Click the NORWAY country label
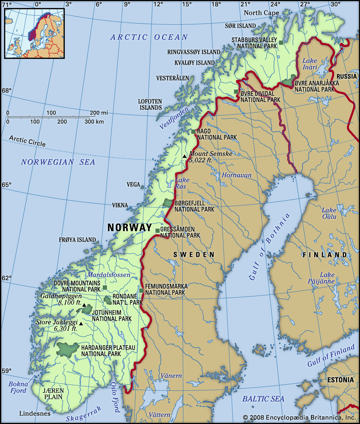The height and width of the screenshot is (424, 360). (130, 228)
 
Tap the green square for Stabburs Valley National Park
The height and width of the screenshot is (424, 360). (281, 42)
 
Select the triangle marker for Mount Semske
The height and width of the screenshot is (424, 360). (185, 156)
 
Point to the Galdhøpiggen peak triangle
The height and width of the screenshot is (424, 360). (84, 305)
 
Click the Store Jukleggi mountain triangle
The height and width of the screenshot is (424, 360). (81, 324)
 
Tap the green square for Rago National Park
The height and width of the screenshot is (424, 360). (193, 131)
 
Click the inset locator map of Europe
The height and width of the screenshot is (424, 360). (34, 33)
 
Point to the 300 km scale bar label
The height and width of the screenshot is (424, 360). (94, 122)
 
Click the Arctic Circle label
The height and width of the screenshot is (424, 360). (27, 141)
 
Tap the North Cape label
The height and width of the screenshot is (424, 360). (261, 13)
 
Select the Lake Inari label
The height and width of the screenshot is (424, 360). (310, 64)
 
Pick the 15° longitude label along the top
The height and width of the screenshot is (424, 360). (187, 4)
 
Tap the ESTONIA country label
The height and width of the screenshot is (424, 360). (340, 380)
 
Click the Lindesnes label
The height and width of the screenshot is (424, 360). (35, 413)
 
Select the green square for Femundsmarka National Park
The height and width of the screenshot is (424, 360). (141, 291)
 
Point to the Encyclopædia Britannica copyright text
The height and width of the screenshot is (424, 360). (299, 417)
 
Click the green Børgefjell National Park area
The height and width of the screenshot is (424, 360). (168, 203)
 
